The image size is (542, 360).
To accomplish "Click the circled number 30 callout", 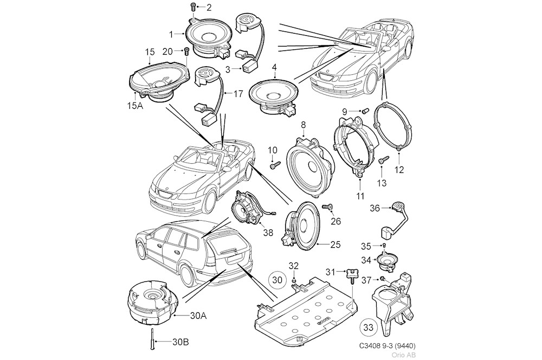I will pyautogui.click(x=277, y=280).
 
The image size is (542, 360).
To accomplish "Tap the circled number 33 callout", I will pyautogui.click(x=367, y=327).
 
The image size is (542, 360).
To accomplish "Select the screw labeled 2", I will pyautogui.click(x=192, y=7).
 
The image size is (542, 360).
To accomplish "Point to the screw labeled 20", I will pyautogui.click(x=187, y=51).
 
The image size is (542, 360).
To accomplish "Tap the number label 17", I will pyautogui.click(x=238, y=94).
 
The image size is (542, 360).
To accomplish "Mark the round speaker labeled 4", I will pyautogui.click(x=273, y=94).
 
